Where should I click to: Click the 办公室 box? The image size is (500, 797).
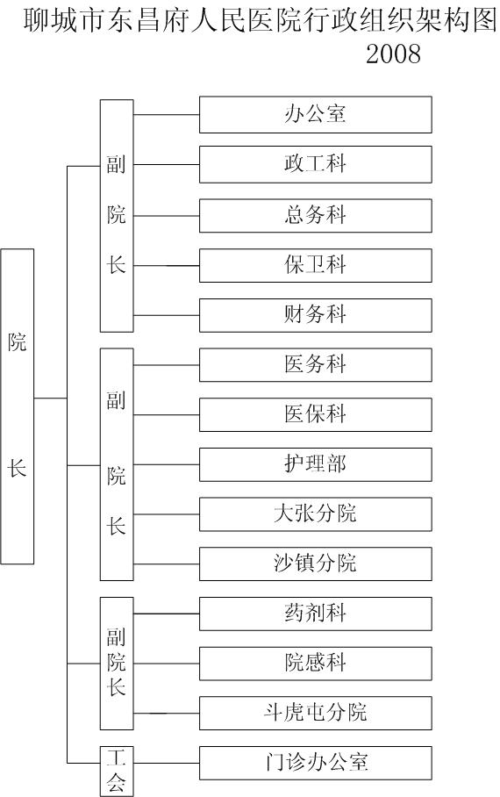click(x=315, y=114)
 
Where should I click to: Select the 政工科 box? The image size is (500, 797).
click(x=315, y=164)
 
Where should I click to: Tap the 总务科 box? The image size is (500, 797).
click(x=315, y=216)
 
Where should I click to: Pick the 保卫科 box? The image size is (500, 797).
click(x=315, y=265)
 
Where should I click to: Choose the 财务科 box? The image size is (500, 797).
click(x=315, y=315)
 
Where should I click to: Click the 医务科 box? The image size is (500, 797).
click(x=315, y=365)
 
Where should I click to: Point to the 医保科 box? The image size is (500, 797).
click(x=315, y=415)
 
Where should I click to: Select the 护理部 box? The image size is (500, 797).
click(x=315, y=464)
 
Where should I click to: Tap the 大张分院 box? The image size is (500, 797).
click(x=315, y=514)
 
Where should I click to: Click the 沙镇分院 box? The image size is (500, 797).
click(x=315, y=564)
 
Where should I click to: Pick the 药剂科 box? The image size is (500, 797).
click(x=315, y=614)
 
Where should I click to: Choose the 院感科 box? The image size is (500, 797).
click(x=315, y=664)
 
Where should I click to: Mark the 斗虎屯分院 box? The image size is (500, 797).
click(x=315, y=713)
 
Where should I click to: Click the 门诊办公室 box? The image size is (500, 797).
click(x=315, y=763)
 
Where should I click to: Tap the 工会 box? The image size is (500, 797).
click(x=117, y=771)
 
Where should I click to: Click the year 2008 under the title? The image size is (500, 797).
click(x=393, y=54)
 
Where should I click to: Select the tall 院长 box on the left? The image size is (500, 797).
click(x=18, y=406)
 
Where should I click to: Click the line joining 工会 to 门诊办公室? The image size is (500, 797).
click(x=166, y=763)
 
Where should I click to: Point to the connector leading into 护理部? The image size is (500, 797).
click(x=166, y=464)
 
